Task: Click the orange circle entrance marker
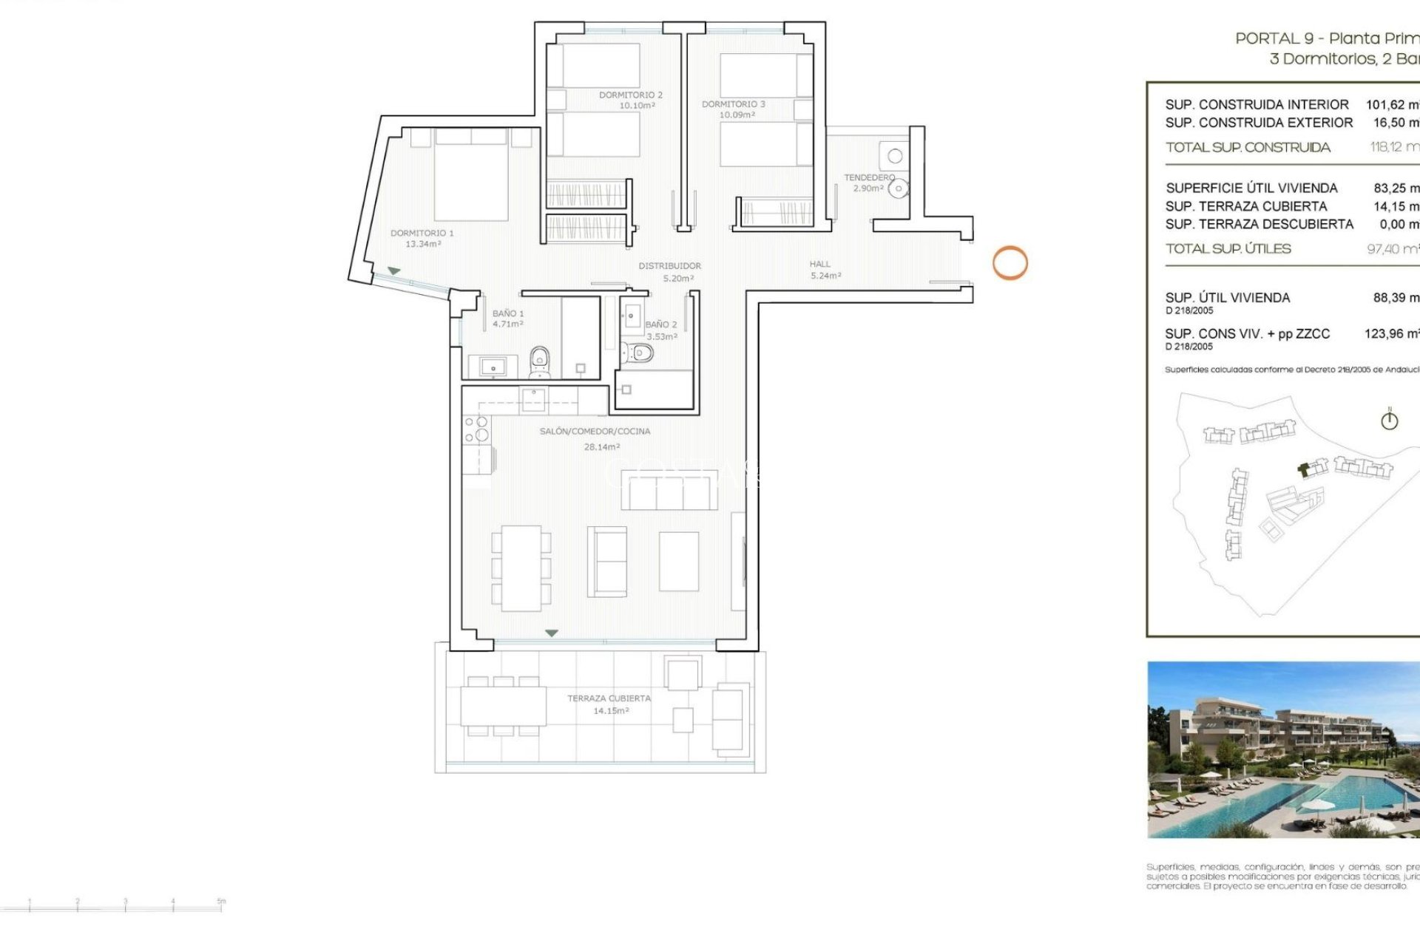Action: click(1010, 262)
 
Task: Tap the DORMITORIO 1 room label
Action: click(422, 234)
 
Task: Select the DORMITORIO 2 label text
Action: click(631, 95)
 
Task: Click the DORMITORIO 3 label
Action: click(734, 104)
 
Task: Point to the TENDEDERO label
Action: click(869, 177)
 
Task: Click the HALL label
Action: click(819, 264)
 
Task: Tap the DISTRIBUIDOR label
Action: click(670, 265)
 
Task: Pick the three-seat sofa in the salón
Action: click(669, 489)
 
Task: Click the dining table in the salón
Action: click(521, 568)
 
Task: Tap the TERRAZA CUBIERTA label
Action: click(609, 698)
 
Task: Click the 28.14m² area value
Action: click(602, 447)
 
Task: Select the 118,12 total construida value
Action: click(1393, 147)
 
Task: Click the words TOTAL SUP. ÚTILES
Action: click(1228, 249)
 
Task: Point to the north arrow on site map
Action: click(1389, 420)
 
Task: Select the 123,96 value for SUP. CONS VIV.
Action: click(1390, 334)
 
